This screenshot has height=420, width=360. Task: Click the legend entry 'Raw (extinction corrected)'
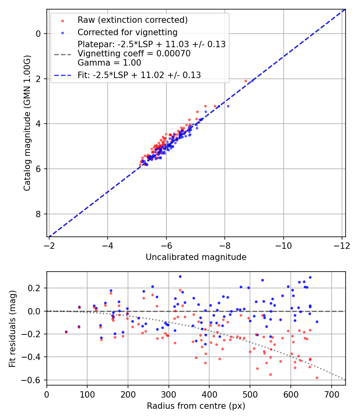(132, 20)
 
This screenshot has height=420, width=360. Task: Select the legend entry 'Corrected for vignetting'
(128, 32)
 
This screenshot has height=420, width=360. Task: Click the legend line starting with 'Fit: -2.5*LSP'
(139, 75)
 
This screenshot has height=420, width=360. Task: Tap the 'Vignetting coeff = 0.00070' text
(134, 54)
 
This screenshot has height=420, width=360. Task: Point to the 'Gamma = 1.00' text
(109, 62)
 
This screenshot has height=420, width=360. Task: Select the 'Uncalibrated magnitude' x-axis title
(196, 257)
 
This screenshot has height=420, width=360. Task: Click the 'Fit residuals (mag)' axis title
(12, 328)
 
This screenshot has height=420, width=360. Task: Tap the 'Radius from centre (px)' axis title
(196, 406)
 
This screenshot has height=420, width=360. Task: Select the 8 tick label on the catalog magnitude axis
(39, 214)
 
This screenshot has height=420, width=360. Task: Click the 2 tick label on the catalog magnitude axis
(39, 79)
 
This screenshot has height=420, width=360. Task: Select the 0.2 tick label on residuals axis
(36, 288)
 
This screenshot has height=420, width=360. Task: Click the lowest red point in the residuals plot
(317, 378)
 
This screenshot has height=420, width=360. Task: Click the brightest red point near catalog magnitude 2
(246, 81)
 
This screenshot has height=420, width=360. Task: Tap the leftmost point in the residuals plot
(66, 332)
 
